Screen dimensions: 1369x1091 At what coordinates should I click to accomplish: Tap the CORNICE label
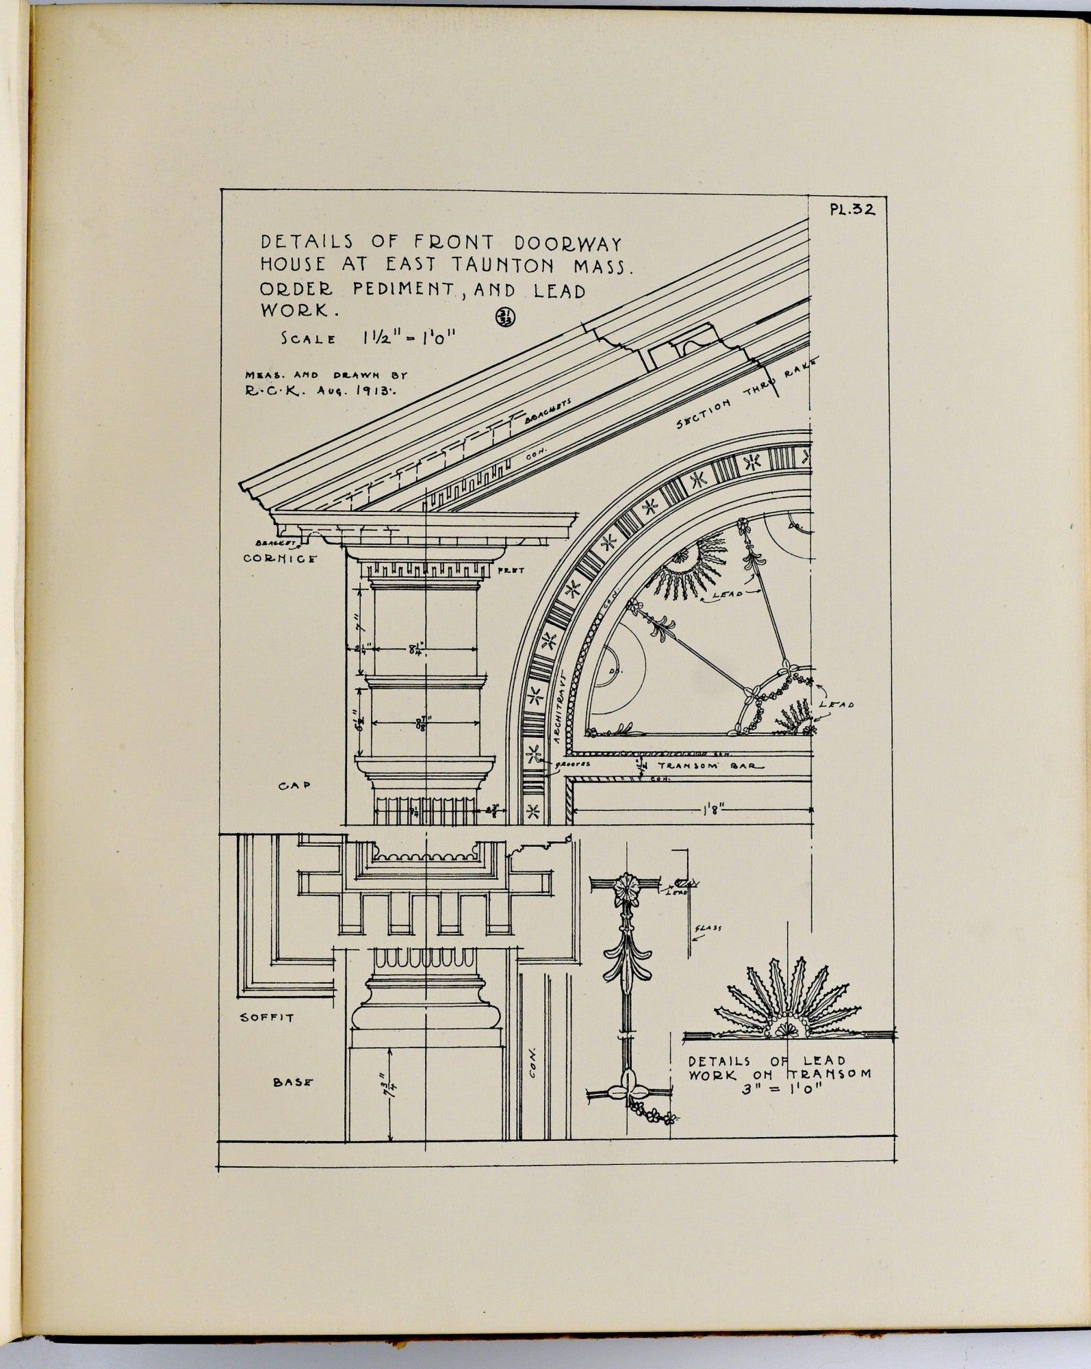pos(280,559)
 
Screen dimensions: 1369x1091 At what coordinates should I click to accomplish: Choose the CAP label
pos(294,786)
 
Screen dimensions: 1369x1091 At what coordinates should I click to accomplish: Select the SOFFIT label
pos(267,1017)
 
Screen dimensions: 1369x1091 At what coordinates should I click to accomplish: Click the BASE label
pos(293,1082)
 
